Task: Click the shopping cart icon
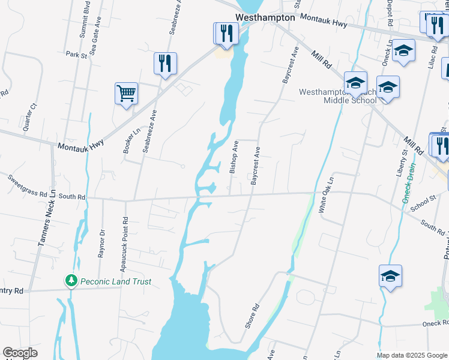(x=126, y=94)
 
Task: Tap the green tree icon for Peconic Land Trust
(x=71, y=281)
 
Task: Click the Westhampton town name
(x=265, y=17)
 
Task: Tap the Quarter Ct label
(x=29, y=116)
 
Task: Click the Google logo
(x=20, y=352)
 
